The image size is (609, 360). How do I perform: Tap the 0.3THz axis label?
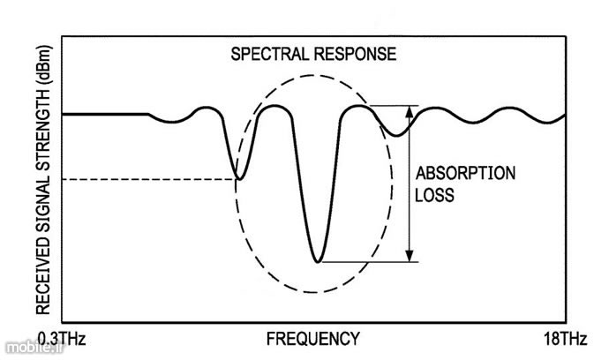tap(61, 340)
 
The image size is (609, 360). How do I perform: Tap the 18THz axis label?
tap(565, 340)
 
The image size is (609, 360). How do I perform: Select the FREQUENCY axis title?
tap(313, 339)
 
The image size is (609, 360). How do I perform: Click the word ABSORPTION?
tap(465, 173)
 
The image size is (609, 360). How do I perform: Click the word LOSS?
tap(434, 195)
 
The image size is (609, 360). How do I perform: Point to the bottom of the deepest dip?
tap(318, 262)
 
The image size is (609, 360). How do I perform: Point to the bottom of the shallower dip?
tap(239, 179)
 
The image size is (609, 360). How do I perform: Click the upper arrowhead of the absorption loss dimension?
tap(410, 111)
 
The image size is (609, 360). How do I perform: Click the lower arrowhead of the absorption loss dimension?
tap(410, 256)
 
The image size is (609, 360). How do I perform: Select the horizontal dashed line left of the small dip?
tap(149, 179)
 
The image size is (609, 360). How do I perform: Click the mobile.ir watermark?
tap(34, 348)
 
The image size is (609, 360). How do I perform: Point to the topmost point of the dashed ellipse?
tap(313, 75)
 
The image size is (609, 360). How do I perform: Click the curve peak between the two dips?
tap(275, 106)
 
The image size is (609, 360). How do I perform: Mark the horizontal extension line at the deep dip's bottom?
tap(370, 262)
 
